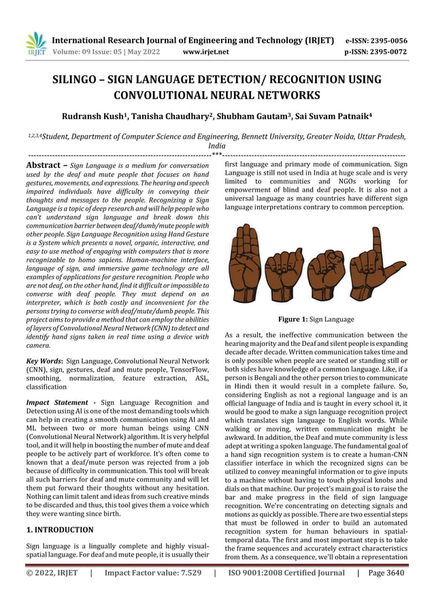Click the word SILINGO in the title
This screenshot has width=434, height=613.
pos(80,78)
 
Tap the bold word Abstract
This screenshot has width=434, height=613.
pos(45,165)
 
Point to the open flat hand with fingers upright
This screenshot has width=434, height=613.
pos(244,261)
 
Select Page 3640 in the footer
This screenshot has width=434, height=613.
pos(386,573)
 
